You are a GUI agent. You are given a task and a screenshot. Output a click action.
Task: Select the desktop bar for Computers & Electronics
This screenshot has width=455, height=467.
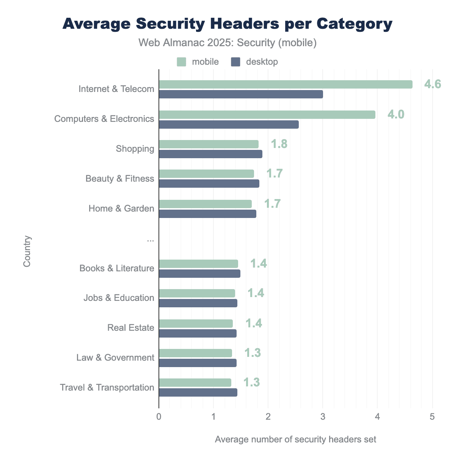coord(229,125)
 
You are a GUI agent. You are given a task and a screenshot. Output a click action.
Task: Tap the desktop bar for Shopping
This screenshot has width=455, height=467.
coord(210,154)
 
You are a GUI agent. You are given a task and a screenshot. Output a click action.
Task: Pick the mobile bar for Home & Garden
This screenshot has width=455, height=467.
coord(205,204)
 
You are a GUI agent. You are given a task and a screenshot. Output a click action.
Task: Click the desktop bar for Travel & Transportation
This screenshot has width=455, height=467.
coord(198,392)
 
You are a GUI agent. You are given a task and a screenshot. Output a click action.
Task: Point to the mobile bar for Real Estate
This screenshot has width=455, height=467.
coord(196,324)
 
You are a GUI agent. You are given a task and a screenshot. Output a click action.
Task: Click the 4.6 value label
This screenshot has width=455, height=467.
coord(432,84)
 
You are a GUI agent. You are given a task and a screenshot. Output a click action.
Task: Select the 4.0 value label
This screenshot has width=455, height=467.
coord(396,114)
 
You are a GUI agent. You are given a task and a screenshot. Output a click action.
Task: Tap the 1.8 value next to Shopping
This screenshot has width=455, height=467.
coord(279,144)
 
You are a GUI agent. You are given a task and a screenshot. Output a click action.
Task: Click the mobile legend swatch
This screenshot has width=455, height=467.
coord(182,62)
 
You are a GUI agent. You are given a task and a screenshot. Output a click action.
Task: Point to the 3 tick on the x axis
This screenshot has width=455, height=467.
coord(323,417)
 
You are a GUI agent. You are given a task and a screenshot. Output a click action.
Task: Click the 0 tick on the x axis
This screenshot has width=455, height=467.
coord(158,417)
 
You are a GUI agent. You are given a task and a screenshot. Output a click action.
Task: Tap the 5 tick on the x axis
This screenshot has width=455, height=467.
coord(432,417)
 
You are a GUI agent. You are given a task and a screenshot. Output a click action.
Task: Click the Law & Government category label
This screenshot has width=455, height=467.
coord(115,358)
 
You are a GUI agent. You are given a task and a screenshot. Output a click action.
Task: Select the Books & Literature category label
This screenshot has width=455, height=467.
coord(117,268)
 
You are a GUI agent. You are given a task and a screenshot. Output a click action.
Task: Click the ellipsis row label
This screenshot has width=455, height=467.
coord(150,239)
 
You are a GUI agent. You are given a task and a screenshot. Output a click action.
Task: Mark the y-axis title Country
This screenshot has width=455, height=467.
coord(27,251)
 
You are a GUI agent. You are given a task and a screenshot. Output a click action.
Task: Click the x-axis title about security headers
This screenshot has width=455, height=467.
coord(295,439)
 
